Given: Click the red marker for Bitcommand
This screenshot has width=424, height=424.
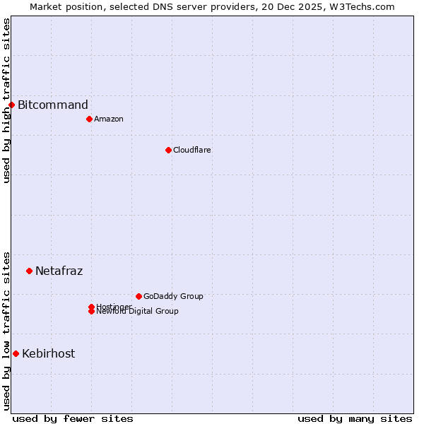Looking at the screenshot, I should (11, 105).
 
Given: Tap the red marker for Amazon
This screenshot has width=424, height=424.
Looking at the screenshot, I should (89, 119).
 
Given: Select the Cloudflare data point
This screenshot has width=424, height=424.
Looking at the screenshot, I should (168, 150).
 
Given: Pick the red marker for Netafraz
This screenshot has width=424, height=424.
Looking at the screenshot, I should (29, 271).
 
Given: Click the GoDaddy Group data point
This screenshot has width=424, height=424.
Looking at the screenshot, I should (139, 296).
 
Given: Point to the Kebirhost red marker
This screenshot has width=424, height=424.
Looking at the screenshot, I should (16, 353).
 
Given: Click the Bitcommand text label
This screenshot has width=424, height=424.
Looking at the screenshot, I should (53, 105).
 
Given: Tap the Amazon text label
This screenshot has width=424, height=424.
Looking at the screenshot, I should (109, 119).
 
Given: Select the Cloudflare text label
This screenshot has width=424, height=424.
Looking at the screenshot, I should (192, 150).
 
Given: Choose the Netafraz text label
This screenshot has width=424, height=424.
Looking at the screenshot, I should (59, 271).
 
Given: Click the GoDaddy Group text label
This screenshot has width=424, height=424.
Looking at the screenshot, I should (173, 296).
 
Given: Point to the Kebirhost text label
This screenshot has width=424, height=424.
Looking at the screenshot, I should (49, 353).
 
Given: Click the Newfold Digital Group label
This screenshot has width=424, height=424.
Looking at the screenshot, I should (138, 312).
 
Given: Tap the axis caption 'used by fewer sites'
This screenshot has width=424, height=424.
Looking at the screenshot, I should (73, 419).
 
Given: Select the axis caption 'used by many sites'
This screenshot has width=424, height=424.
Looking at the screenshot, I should (355, 419).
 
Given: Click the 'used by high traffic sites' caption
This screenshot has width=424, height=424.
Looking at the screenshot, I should (6, 100).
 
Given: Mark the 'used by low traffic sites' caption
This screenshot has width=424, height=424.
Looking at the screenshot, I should (6, 330).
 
